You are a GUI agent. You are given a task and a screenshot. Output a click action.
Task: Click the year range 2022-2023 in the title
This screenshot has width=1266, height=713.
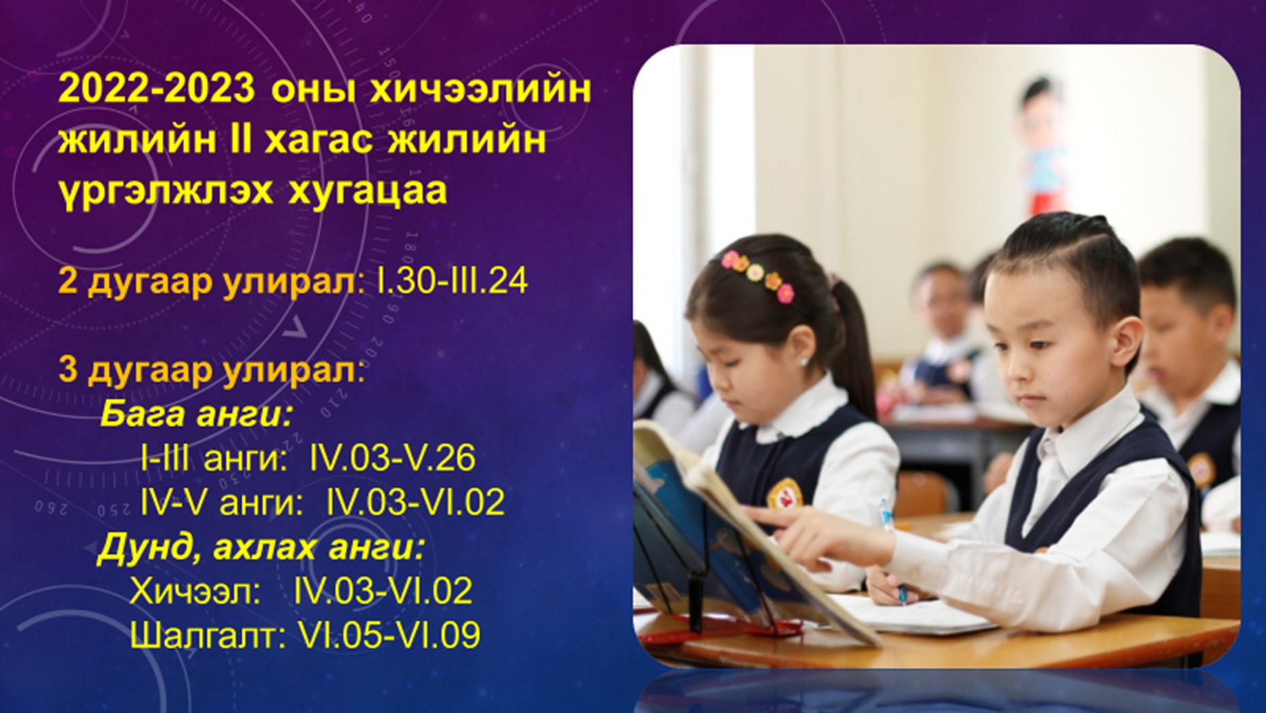[x=156, y=89]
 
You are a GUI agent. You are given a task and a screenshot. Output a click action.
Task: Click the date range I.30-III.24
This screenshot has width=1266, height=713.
[x=452, y=280]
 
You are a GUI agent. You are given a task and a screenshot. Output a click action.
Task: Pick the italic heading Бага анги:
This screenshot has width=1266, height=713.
[x=196, y=414]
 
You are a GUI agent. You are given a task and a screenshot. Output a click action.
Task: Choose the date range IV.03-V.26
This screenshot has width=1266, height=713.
[x=392, y=457]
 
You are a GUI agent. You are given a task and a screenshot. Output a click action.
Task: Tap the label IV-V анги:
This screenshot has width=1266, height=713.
[x=221, y=502]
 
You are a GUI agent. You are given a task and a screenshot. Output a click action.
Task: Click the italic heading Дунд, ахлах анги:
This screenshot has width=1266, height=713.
[x=261, y=547]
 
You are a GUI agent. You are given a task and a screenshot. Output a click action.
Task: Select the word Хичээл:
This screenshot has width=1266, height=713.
[x=195, y=591]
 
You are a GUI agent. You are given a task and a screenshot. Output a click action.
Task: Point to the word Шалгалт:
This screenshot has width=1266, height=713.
[x=207, y=635]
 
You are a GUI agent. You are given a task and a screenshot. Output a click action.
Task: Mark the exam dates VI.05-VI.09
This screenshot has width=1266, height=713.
[x=389, y=635]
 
